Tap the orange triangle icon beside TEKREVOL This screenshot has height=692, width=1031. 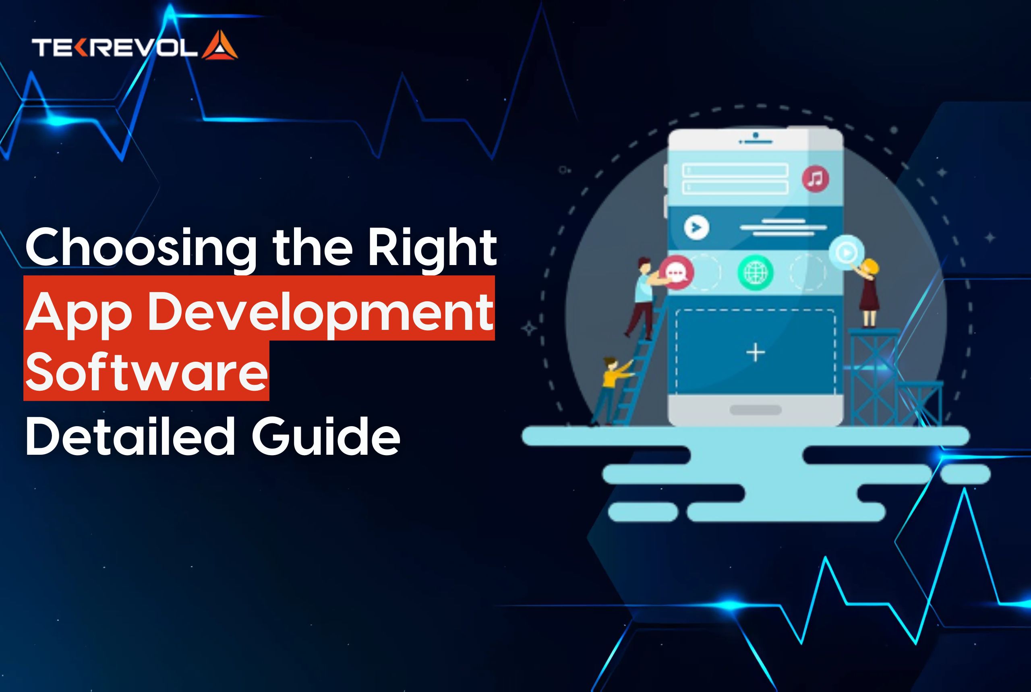[220, 46]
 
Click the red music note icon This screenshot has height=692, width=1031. [815, 179]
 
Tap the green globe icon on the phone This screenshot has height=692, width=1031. [755, 272]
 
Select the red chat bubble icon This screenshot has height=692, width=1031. [676, 272]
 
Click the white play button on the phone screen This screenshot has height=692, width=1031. [697, 227]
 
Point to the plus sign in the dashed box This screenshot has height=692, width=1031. [755, 352]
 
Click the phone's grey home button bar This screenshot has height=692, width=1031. [755, 410]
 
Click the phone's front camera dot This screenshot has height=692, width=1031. [756, 135]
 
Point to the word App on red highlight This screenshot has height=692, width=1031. [79, 312]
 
